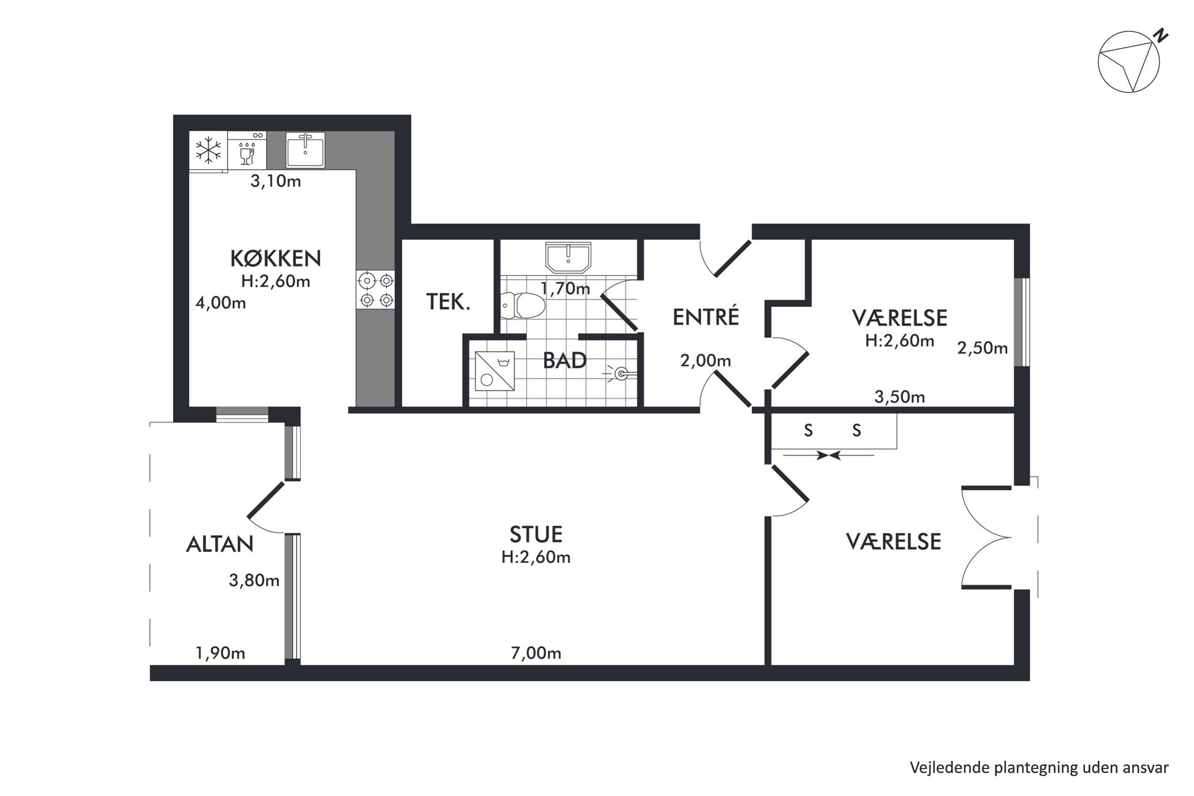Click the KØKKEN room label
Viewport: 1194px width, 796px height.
click(276, 258)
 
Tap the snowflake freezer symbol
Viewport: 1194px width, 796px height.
click(209, 150)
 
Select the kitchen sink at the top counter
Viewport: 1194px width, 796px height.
click(305, 150)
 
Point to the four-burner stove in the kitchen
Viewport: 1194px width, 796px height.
click(376, 290)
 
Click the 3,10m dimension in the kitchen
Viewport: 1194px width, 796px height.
click(276, 181)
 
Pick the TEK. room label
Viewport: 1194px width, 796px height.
click(448, 302)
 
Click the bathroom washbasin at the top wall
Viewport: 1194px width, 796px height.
click(569, 258)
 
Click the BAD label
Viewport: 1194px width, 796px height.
click(565, 361)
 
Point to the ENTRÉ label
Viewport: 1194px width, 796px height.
click(705, 317)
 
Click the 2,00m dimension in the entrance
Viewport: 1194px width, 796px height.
click(705, 361)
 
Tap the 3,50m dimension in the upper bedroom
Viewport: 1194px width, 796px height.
click(899, 397)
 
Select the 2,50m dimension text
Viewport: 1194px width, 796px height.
click(982, 348)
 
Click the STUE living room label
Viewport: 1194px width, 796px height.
click(536, 534)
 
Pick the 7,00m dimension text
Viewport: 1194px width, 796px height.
click(536, 653)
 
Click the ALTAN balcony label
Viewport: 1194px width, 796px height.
click(220, 545)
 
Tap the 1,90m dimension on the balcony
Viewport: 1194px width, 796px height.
click(220, 653)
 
